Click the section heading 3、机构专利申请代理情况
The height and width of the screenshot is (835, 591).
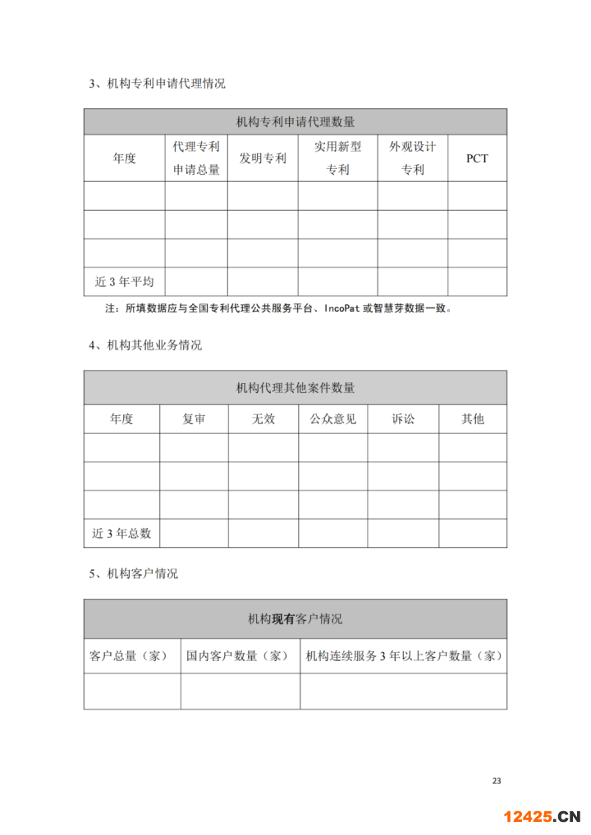pos(157,84)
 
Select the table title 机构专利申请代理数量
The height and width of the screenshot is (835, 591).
pos(295,122)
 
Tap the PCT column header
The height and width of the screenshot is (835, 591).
pos(477,158)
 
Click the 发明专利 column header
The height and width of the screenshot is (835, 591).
pos(263,158)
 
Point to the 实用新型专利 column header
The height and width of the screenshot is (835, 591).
pos(337,158)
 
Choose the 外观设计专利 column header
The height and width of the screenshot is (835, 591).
pos(412,158)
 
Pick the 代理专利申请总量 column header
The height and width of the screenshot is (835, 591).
pos(196,158)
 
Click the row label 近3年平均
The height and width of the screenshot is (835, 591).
pos(124,282)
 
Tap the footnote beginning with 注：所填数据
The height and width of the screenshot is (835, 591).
pos(279,309)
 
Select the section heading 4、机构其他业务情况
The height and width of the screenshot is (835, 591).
pos(145,345)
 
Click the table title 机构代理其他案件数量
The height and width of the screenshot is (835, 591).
pos(295,387)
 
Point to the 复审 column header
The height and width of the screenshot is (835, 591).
pos(194,419)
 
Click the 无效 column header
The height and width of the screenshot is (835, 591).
pos(263,419)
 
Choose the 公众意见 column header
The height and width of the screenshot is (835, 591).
pos(332,419)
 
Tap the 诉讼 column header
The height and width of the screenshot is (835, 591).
pos(403,419)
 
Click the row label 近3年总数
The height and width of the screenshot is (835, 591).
pos(121,533)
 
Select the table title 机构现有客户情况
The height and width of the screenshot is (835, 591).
pos(295,619)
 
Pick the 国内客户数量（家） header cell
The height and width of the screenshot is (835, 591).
pos(240,656)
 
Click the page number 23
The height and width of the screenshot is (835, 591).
pos(496,780)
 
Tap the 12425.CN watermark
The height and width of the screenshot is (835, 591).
pos(542,816)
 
